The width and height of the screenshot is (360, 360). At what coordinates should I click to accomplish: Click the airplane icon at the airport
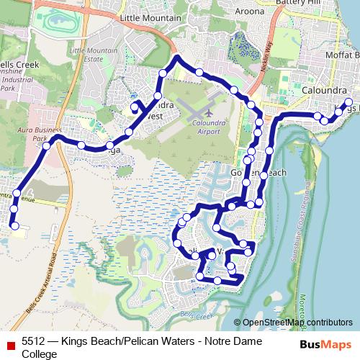209,114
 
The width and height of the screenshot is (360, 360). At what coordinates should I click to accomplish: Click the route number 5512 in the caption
35,343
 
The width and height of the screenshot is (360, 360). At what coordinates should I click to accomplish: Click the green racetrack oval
57,21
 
